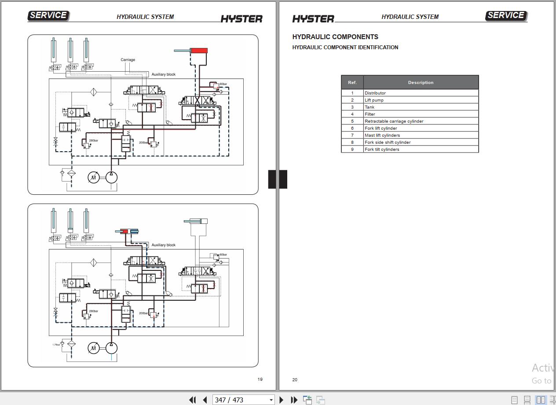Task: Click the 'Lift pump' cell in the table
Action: [374, 100]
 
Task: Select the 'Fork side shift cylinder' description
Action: [387, 142]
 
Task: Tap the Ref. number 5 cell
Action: [352, 121]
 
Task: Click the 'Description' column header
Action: [421, 83]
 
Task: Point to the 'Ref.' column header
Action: [352, 83]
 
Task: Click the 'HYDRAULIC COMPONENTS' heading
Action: [335, 37]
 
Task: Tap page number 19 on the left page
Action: [260, 379]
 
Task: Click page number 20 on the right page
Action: [295, 380]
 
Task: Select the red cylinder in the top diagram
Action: [199, 51]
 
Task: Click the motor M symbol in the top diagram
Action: [93, 178]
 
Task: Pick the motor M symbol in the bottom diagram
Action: [93, 348]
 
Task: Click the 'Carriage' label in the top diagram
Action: [128, 60]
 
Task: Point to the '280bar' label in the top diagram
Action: [94, 141]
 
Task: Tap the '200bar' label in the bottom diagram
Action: [143, 313]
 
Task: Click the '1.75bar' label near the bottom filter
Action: [56, 345]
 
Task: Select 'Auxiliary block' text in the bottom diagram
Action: [163, 245]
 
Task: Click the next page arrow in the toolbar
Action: [282, 400]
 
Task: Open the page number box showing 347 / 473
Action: [243, 400]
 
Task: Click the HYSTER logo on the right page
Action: [313, 19]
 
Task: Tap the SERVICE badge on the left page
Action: [48, 15]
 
